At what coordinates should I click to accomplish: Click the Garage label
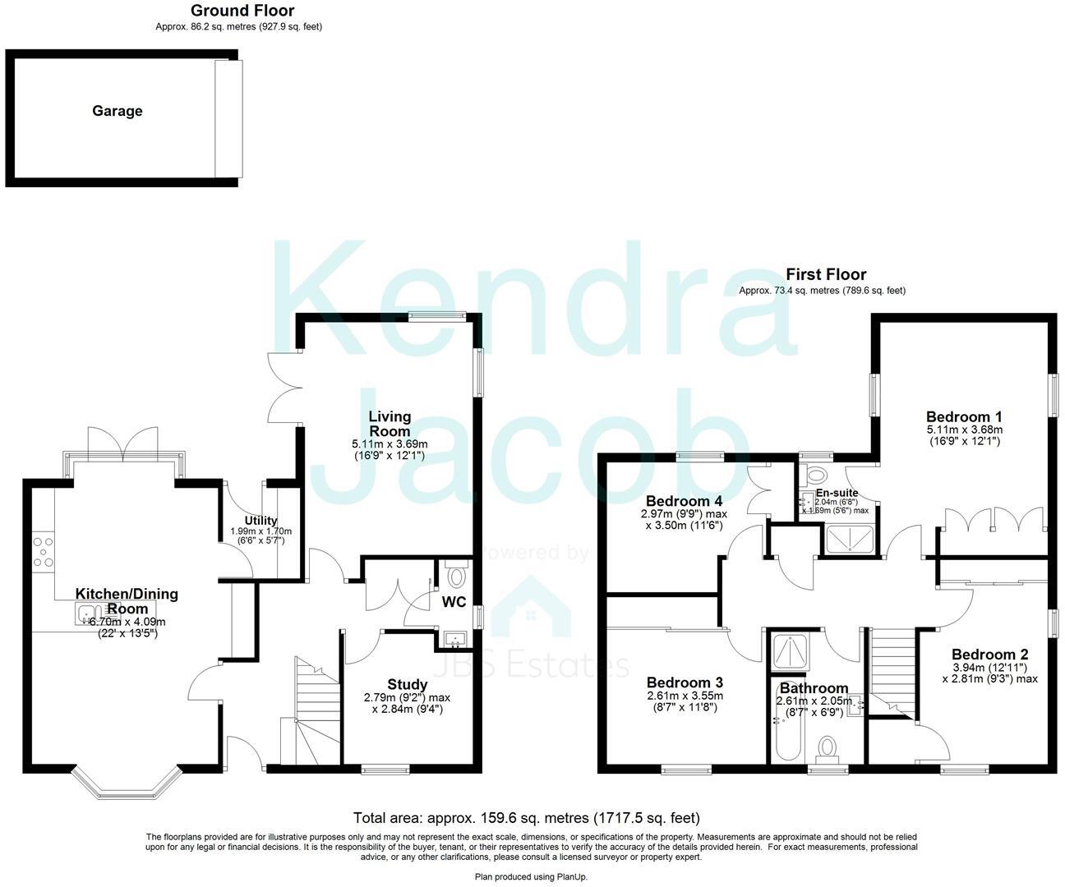(x=117, y=111)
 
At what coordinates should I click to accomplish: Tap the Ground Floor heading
(x=242, y=11)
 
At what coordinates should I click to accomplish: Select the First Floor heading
(x=825, y=274)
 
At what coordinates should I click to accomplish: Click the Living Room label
(x=389, y=424)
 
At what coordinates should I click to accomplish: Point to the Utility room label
(x=260, y=521)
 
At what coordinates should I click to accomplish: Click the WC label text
(x=454, y=602)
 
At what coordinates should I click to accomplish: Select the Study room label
(x=407, y=684)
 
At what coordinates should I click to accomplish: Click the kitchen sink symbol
(x=90, y=611)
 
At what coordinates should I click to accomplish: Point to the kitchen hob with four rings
(x=43, y=552)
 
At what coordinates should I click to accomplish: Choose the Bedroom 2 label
(x=989, y=655)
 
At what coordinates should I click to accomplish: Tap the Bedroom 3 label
(x=684, y=682)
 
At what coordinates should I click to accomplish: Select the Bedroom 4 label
(x=683, y=501)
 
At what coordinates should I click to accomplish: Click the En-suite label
(x=837, y=493)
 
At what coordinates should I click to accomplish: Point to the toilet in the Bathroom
(x=828, y=748)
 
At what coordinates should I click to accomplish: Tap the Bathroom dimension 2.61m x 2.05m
(x=814, y=701)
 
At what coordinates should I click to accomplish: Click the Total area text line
(x=526, y=817)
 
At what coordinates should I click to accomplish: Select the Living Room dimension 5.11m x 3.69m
(x=389, y=444)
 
